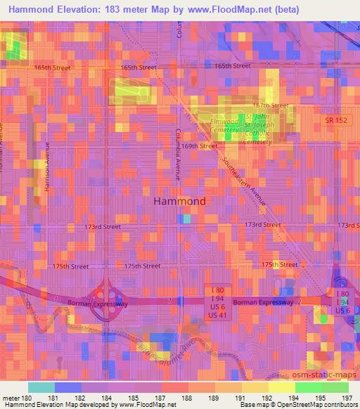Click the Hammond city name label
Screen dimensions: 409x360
pyautogui.click(x=179, y=201)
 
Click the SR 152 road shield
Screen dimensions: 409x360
pyautogui.click(x=336, y=120)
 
